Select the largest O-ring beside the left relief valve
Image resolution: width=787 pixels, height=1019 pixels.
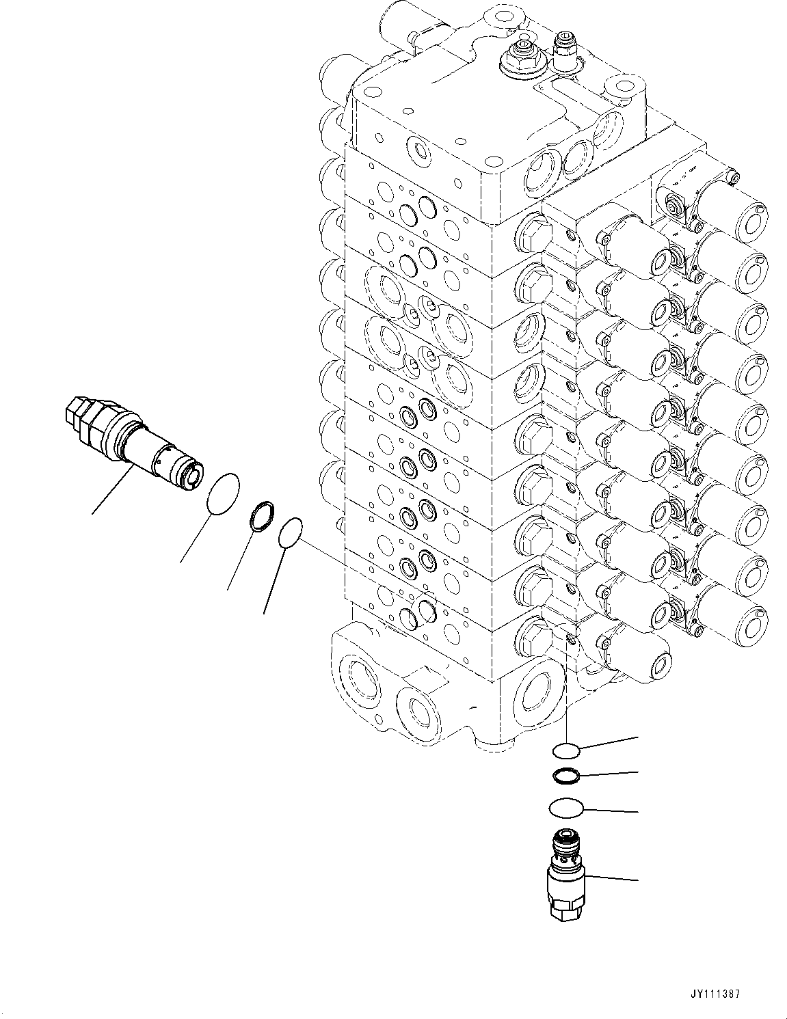[223, 492]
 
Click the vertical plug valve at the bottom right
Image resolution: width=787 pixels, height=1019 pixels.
[565, 874]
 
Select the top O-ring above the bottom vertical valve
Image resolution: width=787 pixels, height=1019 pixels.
[566, 751]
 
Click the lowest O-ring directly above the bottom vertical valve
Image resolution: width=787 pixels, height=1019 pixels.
[565, 808]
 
